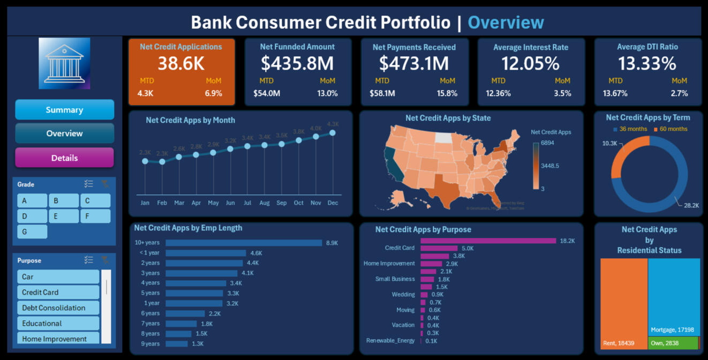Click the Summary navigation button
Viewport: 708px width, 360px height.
coord(64,110)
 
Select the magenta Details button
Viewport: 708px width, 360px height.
coord(64,158)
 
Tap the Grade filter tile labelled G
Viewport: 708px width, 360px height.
coord(32,231)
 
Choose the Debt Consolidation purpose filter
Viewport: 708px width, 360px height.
coord(58,308)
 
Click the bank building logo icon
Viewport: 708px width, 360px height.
coord(64,63)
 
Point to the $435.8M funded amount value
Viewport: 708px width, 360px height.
coord(297,64)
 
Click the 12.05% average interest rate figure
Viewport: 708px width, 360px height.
coord(530,64)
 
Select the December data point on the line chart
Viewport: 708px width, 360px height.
coord(333,133)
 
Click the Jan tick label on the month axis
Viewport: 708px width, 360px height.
coord(145,203)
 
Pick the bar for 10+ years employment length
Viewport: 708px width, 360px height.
coord(244,243)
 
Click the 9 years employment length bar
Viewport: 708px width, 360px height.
coord(177,344)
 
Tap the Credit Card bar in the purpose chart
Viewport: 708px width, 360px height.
coord(439,249)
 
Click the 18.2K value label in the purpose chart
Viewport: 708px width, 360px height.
coord(567,241)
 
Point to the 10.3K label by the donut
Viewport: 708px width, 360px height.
coord(609,144)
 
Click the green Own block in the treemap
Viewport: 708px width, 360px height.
coord(673,343)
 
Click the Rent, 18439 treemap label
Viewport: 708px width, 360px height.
coord(619,343)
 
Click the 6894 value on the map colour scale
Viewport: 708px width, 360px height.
coord(547,143)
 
